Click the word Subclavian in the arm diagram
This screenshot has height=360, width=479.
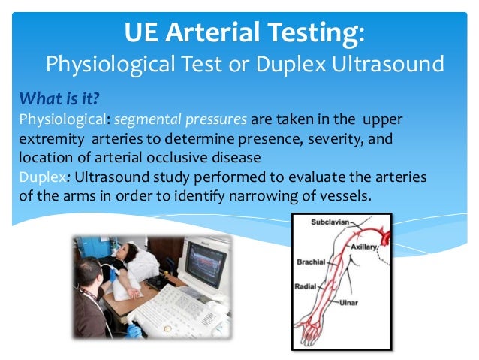pos(327,222)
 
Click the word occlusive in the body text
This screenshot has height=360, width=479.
pos(176,157)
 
